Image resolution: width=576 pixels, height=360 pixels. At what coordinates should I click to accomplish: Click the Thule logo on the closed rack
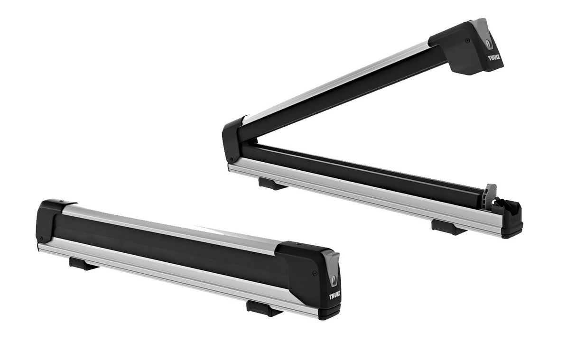[x=334, y=296]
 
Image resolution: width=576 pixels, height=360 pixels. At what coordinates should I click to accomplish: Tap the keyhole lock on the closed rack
[x=335, y=279]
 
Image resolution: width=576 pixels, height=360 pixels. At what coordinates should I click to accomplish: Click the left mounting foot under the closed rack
[x=84, y=263]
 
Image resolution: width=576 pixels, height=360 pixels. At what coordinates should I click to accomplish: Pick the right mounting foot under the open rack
[x=447, y=227]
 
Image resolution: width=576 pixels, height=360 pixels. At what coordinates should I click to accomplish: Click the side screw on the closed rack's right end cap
[x=314, y=273]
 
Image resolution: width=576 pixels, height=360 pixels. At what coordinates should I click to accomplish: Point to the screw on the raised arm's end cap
[x=467, y=41]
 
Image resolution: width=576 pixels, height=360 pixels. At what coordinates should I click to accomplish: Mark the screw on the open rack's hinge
[x=231, y=159]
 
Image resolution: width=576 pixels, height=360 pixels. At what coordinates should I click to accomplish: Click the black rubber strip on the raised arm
[x=342, y=95]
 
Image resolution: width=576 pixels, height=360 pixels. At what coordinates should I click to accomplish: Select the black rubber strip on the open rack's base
[x=361, y=173]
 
